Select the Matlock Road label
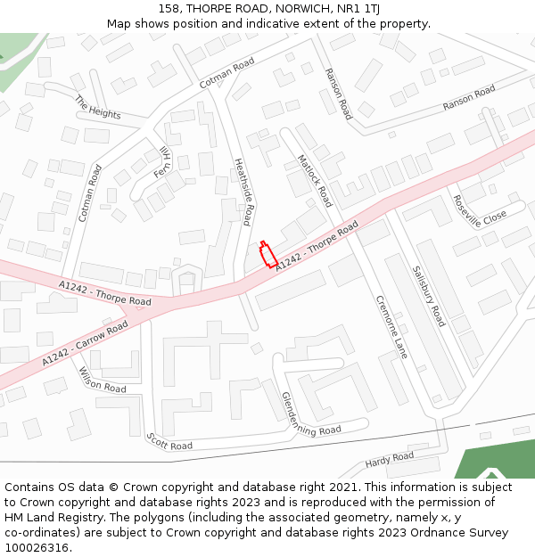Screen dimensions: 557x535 315,178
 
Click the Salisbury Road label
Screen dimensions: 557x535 428,295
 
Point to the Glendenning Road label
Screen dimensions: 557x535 311,414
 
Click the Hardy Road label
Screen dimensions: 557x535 390,460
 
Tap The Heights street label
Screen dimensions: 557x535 98,108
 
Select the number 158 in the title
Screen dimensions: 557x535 169,9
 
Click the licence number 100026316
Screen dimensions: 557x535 37,548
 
